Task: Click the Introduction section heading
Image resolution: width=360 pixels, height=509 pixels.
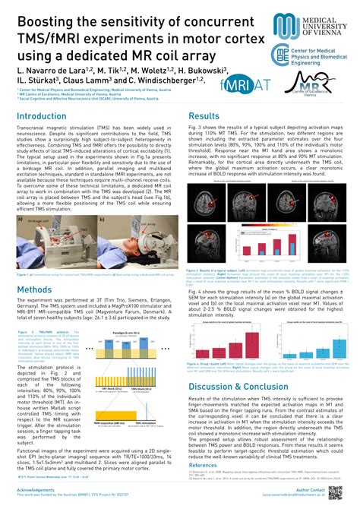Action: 41,116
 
